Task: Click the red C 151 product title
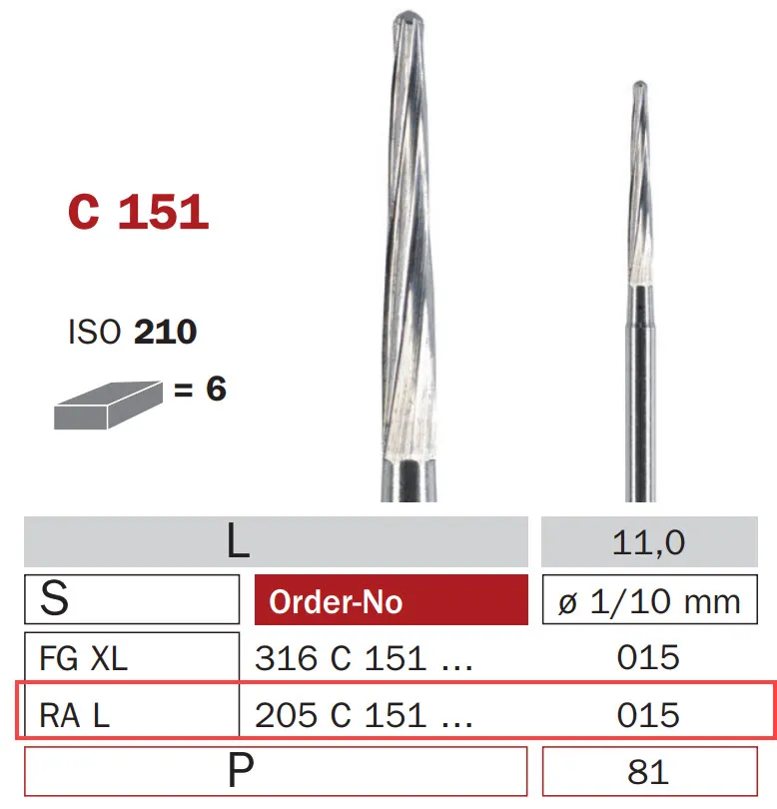138,212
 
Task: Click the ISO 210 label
132,332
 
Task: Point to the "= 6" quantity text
200,389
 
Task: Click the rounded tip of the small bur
640,87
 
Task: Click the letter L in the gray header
237,542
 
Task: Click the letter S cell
56,600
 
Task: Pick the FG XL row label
84,658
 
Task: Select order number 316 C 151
362,658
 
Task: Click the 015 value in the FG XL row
648,657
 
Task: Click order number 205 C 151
362,715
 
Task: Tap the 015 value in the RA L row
648,715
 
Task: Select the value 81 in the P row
648,772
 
